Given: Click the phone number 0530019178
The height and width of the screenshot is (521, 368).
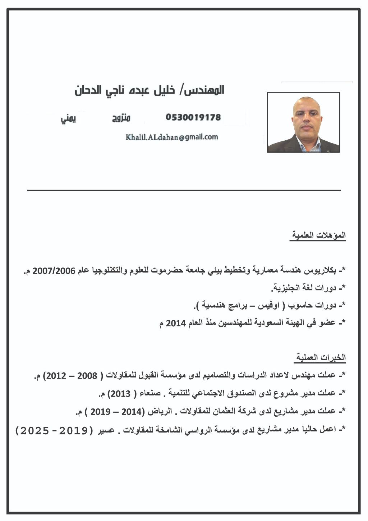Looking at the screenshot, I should click(x=193, y=117).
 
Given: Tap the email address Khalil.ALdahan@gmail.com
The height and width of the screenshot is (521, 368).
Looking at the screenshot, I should click(x=172, y=137).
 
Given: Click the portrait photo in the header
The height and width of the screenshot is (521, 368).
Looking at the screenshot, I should click(x=303, y=122).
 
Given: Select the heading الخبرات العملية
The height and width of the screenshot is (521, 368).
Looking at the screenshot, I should click(x=321, y=357).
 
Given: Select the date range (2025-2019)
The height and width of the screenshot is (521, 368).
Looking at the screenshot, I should click(x=54, y=430).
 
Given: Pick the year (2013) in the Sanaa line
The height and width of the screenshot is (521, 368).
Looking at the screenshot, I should click(x=119, y=394).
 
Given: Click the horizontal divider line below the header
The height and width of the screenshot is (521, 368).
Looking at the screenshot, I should click(x=184, y=190).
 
